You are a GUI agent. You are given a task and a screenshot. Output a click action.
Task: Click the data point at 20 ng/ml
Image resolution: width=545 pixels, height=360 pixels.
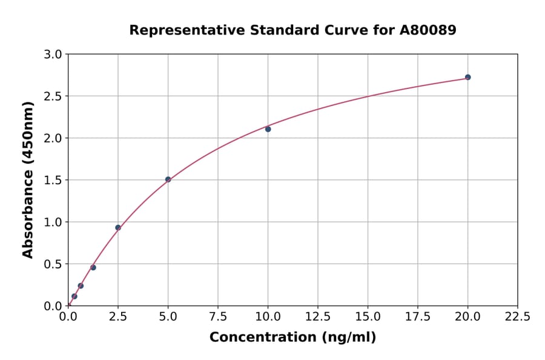pos(467,77)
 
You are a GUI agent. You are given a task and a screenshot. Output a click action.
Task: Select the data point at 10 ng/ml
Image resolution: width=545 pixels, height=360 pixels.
pos(268,129)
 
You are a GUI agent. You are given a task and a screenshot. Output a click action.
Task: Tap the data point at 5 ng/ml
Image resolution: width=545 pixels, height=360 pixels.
pos(168,179)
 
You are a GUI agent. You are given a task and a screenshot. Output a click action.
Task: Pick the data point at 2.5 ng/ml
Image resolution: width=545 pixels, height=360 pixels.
pos(118,228)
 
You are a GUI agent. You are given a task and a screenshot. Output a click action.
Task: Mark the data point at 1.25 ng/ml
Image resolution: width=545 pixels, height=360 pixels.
pos(93,267)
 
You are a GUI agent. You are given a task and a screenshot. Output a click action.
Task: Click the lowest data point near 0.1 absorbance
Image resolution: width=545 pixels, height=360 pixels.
pos(74,296)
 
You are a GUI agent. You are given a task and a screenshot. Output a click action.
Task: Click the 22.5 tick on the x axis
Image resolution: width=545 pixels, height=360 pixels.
pos(517,316)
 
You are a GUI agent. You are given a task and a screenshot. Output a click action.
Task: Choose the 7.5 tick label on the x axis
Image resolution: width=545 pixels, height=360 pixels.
pos(218,316)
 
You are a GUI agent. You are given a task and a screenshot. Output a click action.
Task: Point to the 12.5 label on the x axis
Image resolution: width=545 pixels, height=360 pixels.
pos(317,316)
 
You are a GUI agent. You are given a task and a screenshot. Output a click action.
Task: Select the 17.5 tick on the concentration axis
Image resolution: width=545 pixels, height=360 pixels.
pos(417,316)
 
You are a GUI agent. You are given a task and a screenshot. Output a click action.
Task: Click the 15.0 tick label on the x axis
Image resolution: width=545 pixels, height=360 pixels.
pos(368,316)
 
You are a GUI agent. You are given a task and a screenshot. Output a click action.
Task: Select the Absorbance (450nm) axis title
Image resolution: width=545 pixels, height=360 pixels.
pos(28,179)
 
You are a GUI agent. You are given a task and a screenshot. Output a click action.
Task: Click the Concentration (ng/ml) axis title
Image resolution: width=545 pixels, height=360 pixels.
pos(292,338)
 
